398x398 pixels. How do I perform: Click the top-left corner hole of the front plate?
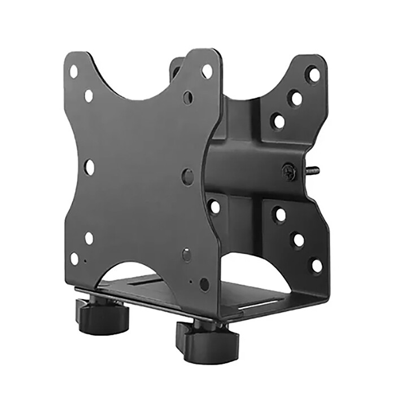pyautogui.click(x=73, y=71)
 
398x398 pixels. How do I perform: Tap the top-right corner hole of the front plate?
pyautogui.click(x=207, y=71)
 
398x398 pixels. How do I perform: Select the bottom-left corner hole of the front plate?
pyautogui.click(x=75, y=259)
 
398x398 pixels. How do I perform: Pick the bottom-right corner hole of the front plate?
pyautogui.click(x=204, y=285)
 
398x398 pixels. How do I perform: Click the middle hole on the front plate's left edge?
pyautogui.click(x=89, y=167)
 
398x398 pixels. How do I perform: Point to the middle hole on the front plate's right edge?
pyautogui.click(x=188, y=176)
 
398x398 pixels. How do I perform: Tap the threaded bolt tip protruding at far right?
pyautogui.click(x=314, y=169)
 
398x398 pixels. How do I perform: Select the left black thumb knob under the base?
pyautogui.click(x=101, y=316)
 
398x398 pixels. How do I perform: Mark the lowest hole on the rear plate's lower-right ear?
pyautogui.click(x=316, y=265)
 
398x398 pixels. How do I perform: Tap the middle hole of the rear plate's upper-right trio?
pyautogui.click(x=295, y=98)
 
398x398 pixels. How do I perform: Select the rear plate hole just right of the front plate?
pyautogui.click(x=214, y=207)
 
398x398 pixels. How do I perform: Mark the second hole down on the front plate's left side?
pyautogui.click(x=89, y=96)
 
